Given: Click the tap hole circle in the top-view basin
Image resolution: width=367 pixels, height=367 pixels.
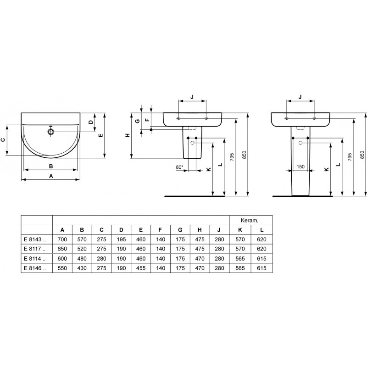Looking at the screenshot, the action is pos(51,132).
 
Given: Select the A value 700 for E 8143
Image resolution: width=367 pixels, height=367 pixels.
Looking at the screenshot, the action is pos(62,239).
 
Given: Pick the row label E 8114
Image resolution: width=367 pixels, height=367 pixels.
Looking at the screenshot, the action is pos(35,259).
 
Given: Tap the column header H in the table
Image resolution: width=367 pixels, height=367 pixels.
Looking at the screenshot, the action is pos(200,230).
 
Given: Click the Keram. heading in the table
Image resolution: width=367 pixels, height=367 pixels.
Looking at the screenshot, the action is pos(250,220).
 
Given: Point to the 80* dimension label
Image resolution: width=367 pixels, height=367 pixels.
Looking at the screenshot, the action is pos(179,167).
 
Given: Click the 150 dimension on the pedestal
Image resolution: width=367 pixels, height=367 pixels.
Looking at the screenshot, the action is pos(300,167).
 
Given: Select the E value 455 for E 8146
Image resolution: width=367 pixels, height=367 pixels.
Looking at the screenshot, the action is pos(141,268).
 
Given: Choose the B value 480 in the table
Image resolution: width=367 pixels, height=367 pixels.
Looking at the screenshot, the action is pos(82,259).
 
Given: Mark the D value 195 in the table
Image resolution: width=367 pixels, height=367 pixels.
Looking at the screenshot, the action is pos(121,239).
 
